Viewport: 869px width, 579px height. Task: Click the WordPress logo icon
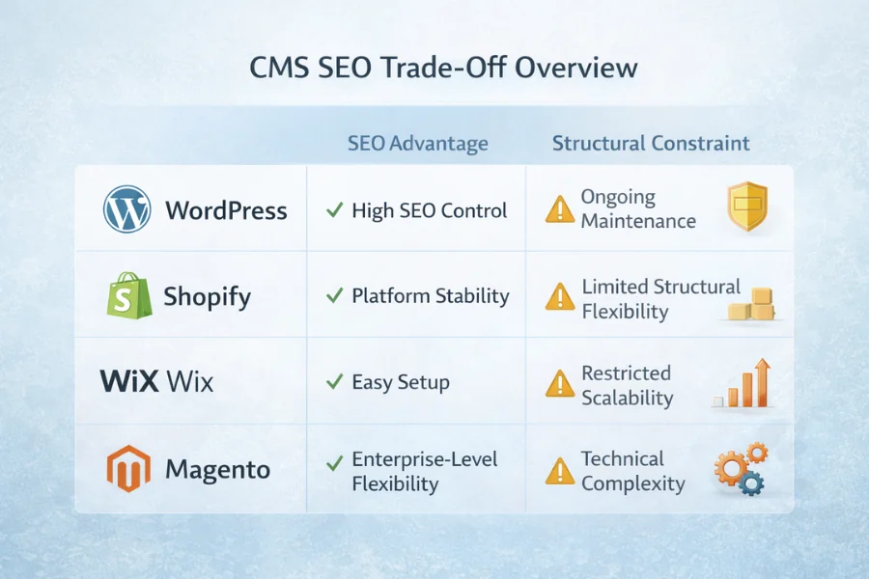coord(127,209)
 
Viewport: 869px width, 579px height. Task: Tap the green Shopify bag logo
coord(128,295)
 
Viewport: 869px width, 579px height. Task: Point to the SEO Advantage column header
coord(417,144)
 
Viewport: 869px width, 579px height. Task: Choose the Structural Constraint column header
coord(651,144)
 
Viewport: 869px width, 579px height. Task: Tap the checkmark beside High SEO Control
coord(334,210)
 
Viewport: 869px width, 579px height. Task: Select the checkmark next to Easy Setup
coord(334,382)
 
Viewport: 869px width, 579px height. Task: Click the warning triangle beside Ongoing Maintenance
coord(559,209)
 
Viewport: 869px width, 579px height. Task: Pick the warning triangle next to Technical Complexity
coord(559,471)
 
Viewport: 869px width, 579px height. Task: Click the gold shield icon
coord(746,207)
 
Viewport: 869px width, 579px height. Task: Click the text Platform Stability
coord(430,296)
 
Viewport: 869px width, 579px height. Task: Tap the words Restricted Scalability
coord(627,385)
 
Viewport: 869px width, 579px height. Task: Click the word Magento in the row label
coord(217,471)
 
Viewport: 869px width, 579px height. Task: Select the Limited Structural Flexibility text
coord(660,298)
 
